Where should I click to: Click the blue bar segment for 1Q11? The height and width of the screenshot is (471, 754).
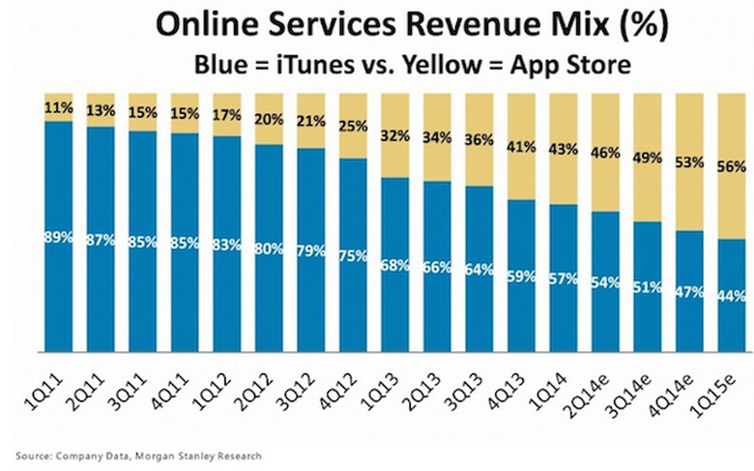point(59,290)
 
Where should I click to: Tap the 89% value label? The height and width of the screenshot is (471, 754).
point(59,237)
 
